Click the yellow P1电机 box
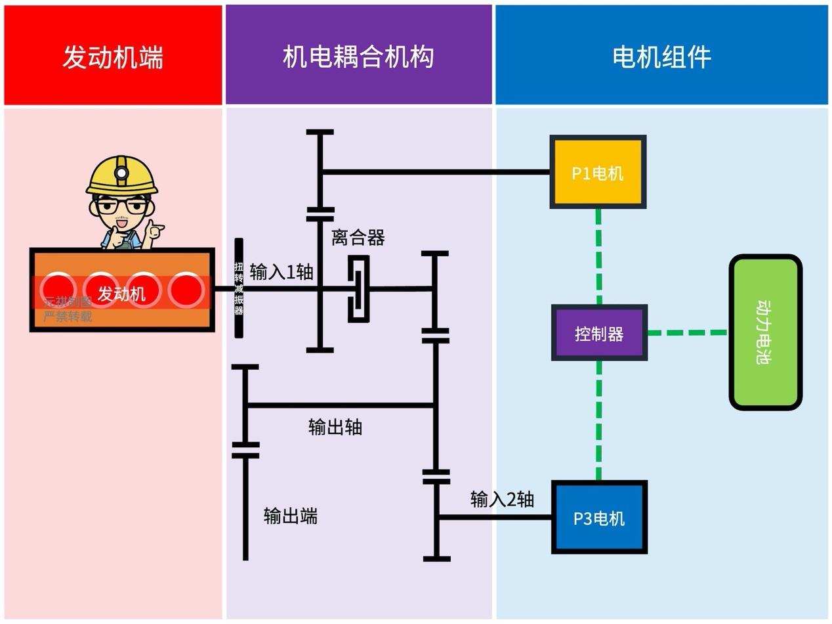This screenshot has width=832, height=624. pyautogui.click(x=598, y=172)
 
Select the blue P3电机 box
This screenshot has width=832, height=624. pyautogui.click(x=599, y=518)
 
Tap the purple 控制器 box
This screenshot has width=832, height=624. pyautogui.click(x=599, y=333)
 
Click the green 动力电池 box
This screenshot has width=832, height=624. pyautogui.click(x=766, y=332)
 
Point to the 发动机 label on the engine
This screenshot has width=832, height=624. pyautogui.click(x=122, y=294)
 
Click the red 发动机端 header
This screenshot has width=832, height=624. pyautogui.click(x=113, y=56)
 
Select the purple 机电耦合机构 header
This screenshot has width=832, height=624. pyautogui.click(x=358, y=56)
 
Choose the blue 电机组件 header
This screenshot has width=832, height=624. pyautogui.click(x=662, y=56)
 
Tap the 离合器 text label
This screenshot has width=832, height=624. pyautogui.click(x=358, y=237)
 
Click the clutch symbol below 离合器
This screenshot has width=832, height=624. pyautogui.click(x=358, y=288)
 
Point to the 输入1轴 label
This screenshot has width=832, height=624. pyautogui.click(x=281, y=271)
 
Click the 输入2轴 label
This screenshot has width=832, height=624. pyautogui.click(x=502, y=499)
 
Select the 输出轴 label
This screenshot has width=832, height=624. pyautogui.click(x=335, y=427)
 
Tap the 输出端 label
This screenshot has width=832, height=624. pyautogui.click(x=291, y=516)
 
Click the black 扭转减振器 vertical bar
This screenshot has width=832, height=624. pyautogui.click(x=239, y=288)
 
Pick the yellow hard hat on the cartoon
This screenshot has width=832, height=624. pyautogui.click(x=122, y=175)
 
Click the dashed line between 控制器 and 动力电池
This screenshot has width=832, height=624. pyautogui.click(x=688, y=333)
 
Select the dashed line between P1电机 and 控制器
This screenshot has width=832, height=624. pyautogui.click(x=598, y=256)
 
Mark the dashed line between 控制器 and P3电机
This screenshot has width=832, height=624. pyautogui.click(x=598, y=420)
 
